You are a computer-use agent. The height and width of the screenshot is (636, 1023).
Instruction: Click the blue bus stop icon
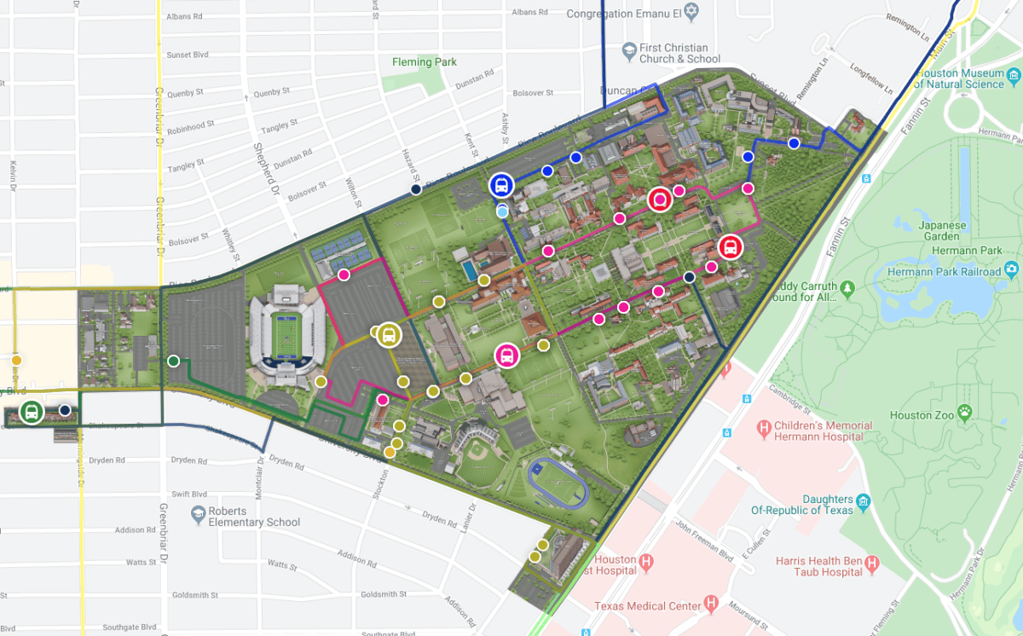(x=500, y=185)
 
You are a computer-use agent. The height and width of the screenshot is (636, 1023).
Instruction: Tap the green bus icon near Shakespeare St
(x=32, y=413)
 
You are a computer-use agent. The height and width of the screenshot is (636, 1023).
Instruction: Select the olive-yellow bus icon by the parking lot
(x=388, y=335)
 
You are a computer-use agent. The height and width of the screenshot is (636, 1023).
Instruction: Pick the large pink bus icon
(x=506, y=356)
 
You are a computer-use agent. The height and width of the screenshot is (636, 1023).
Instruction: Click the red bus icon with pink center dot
(x=659, y=199)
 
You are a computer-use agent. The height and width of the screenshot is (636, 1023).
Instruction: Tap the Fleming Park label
(x=424, y=62)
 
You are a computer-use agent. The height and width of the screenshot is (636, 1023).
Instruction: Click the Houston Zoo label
(x=922, y=415)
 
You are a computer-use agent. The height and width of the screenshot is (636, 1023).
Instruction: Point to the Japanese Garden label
(x=942, y=232)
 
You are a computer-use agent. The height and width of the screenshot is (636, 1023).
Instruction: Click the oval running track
(x=558, y=483)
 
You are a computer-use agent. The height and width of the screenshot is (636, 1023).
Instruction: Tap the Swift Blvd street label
(x=188, y=494)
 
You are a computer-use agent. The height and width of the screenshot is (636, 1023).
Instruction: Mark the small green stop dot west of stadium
(x=174, y=361)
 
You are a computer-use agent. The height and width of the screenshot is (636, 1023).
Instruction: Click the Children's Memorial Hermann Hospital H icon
(x=764, y=426)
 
